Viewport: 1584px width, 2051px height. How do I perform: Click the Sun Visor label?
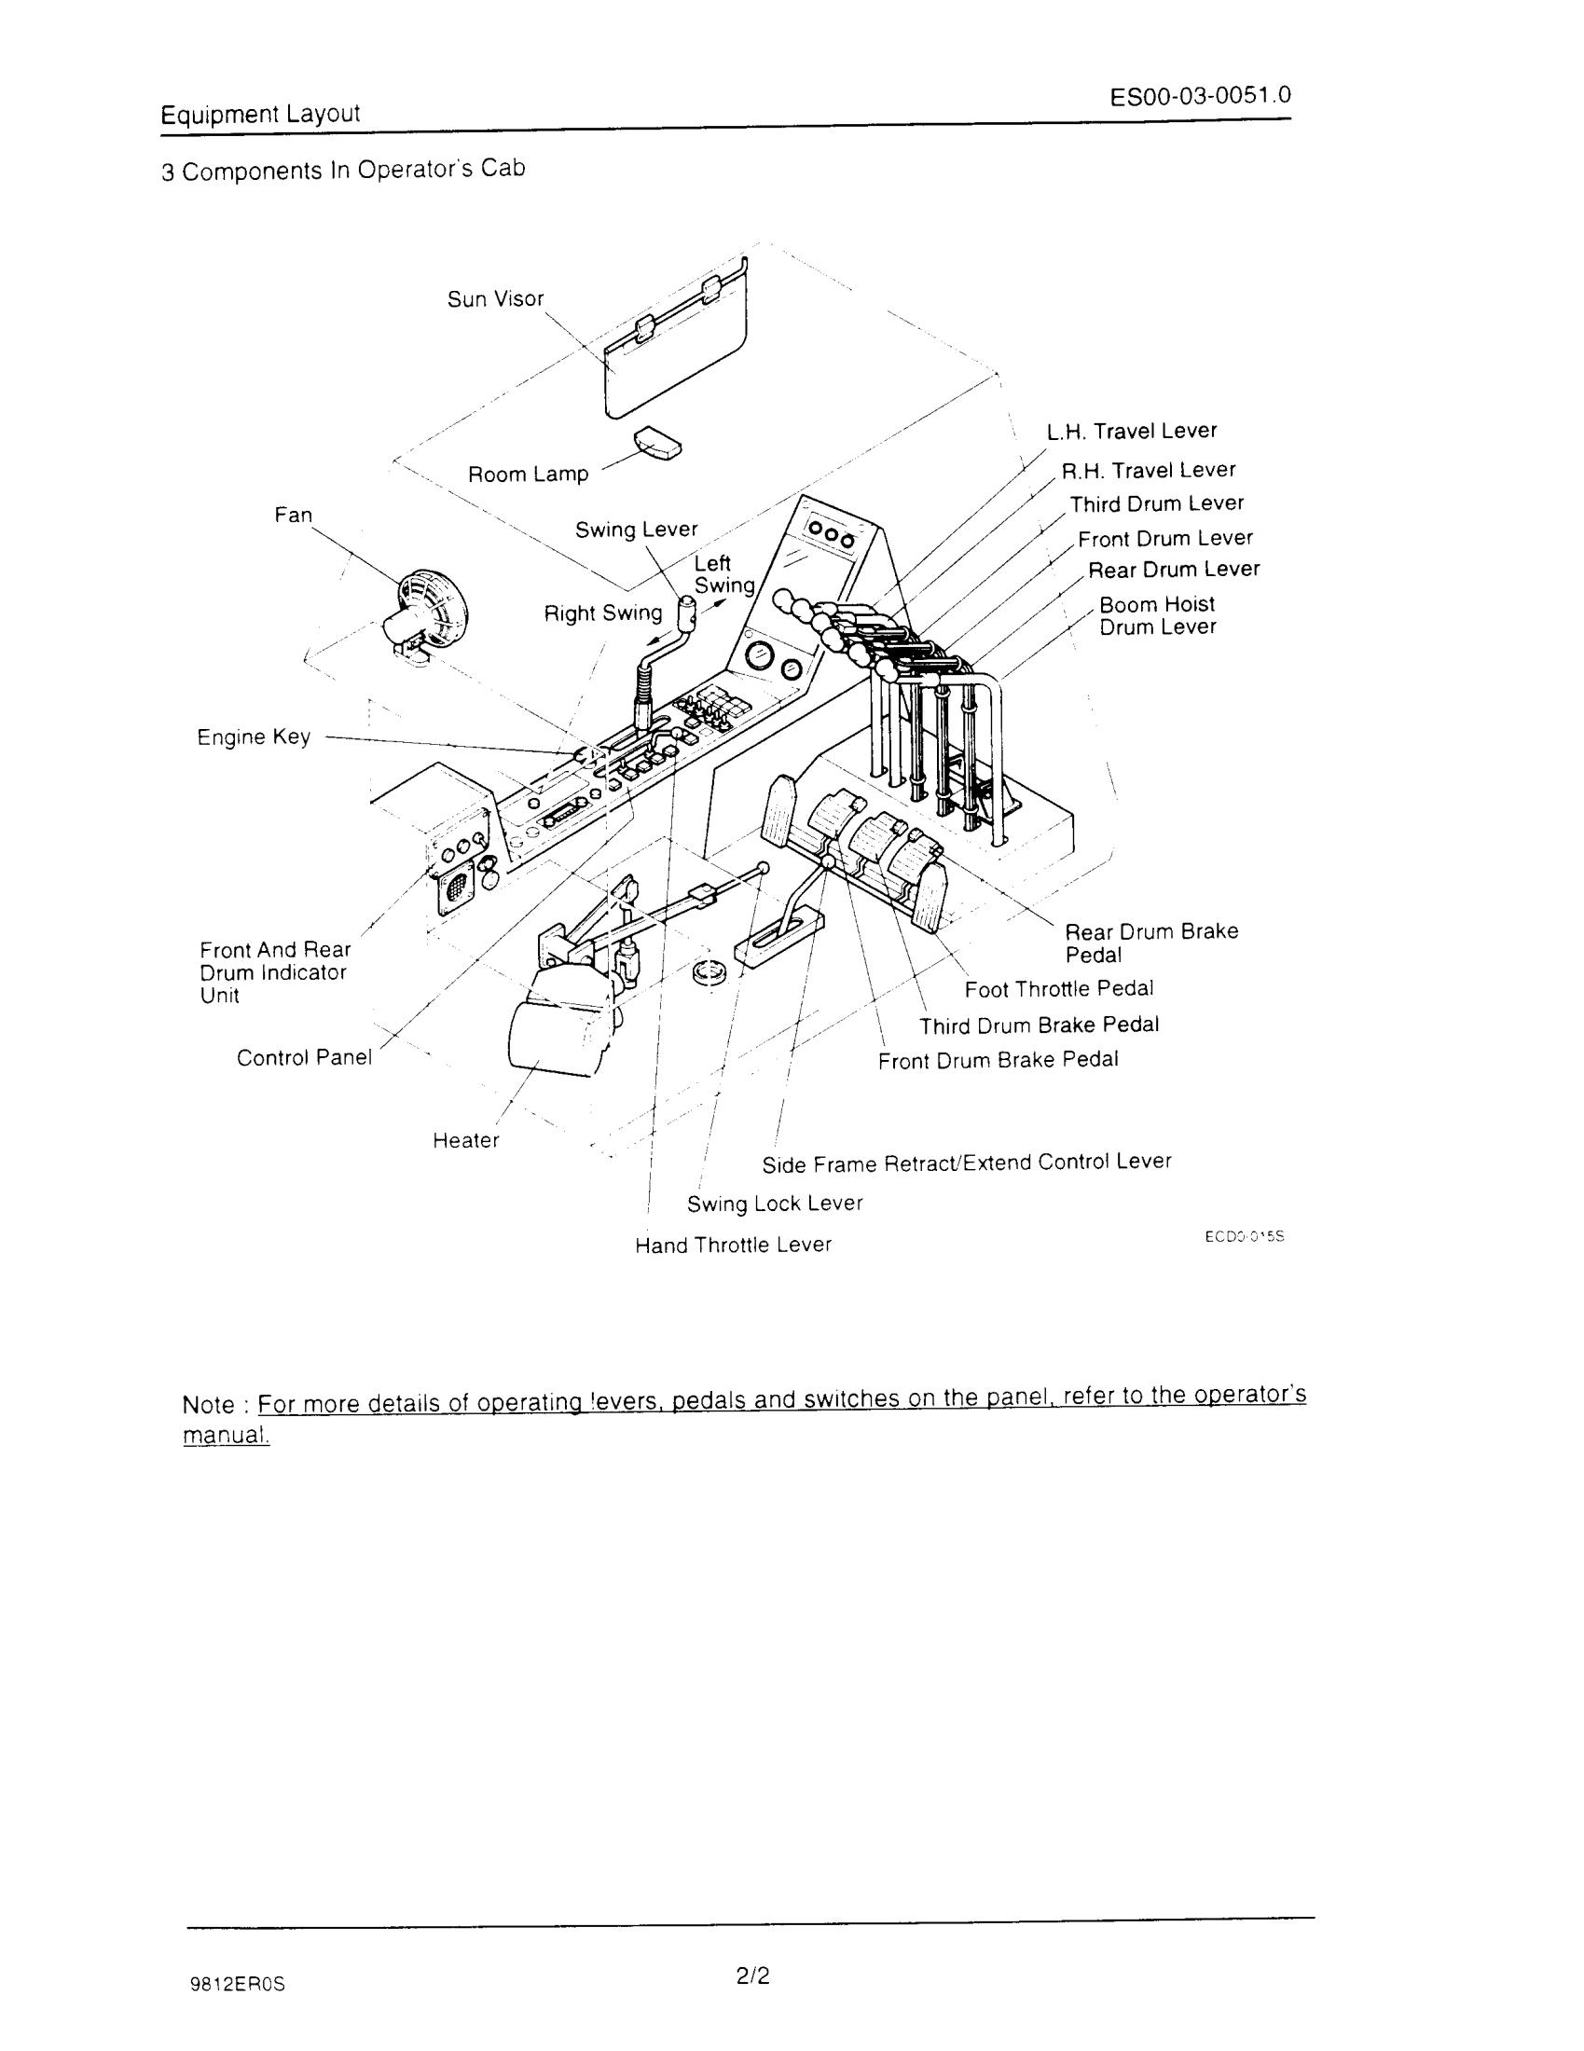[495, 298]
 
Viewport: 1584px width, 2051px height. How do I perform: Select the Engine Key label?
[254, 736]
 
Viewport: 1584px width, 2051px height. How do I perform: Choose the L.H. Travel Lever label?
[1132, 431]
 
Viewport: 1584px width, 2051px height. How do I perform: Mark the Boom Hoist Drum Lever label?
[1157, 615]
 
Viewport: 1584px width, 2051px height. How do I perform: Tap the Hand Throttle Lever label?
[734, 1246]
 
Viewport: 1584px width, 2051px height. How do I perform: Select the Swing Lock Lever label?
[775, 1203]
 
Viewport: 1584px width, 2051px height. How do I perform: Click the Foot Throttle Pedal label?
[1058, 989]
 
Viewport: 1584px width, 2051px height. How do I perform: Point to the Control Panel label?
[304, 1057]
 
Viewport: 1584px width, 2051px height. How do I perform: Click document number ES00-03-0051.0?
[1199, 97]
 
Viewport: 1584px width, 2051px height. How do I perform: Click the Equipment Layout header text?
[260, 115]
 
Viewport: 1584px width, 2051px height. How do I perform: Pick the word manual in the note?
[226, 1437]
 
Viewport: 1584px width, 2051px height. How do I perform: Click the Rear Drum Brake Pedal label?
[1151, 943]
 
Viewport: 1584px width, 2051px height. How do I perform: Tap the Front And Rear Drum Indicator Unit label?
[274, 972]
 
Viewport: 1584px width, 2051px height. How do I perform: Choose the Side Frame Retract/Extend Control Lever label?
[966, 1163]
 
